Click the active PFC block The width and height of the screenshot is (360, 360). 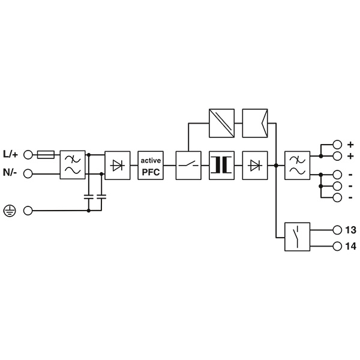point(151,166)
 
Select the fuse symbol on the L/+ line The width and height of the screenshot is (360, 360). point(46,155)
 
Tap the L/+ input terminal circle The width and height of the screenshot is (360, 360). point(28,155)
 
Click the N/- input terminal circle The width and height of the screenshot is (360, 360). point(28,174)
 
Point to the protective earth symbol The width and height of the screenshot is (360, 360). point(10,211)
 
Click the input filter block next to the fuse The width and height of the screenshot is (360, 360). point(73,165)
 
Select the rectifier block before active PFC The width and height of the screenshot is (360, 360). point(118,166)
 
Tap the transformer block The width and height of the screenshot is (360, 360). point(221,166)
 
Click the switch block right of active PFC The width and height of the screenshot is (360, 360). point(188,166)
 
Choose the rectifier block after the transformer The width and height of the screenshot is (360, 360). point(255,166)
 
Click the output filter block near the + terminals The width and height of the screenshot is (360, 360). point(297,166)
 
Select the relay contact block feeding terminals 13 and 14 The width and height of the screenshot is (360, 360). point(297,237)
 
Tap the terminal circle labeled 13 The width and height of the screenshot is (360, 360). point(337,230)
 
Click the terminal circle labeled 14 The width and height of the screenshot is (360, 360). point(337,246)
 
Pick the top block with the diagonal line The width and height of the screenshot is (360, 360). point(221,123)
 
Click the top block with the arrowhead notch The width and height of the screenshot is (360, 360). point(255,123)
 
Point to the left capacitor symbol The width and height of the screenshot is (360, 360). point(89,197)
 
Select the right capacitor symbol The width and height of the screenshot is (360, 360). point(101,197)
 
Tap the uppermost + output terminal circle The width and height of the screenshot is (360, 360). point(337,145)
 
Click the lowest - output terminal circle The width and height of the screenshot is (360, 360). point(337,197)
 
